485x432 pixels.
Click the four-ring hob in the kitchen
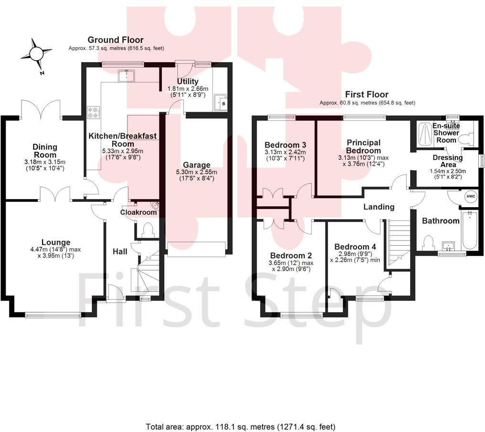coord(93,112)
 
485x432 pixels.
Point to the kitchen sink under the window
coord(127,75)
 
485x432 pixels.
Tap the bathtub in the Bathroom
coord(469,230)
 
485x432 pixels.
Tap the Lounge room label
coord(55,242)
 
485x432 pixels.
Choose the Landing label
coord(379,207)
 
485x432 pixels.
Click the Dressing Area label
coord(447,161)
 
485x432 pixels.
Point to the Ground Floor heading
coord(116,40)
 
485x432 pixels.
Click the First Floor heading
coord(367,95)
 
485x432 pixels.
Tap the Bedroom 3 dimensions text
coord(285,155)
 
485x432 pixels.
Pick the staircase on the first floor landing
coord(400,241)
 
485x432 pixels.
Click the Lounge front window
coord(53,314)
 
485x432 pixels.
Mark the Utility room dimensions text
coord(188,92)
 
